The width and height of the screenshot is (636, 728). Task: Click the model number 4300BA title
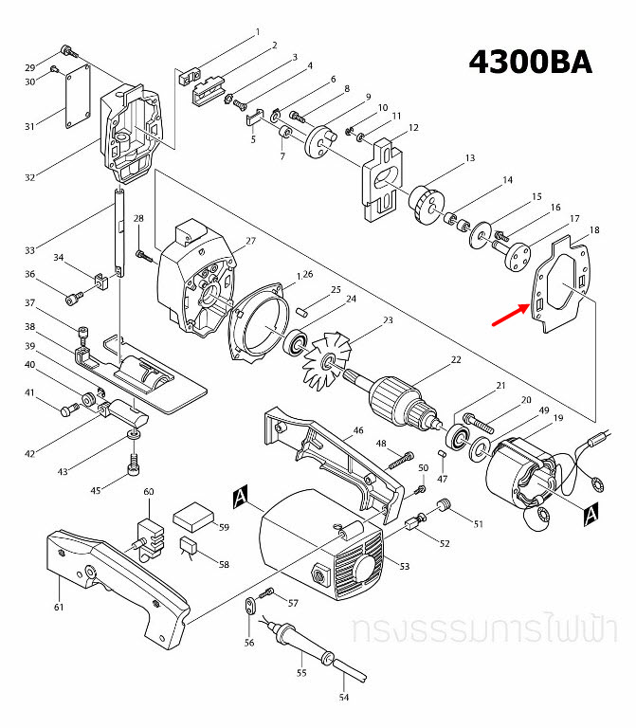coord(532,62)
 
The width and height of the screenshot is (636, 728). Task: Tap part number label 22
coord(456,359)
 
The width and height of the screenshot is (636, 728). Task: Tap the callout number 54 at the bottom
coord(344,698)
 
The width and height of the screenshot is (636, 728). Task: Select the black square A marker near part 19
coord(591,514)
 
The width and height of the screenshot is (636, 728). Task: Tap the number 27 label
coord(251,241)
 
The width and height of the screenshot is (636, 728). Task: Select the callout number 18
coord(594,230)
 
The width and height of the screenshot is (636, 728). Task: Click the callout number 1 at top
coord(256,32)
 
